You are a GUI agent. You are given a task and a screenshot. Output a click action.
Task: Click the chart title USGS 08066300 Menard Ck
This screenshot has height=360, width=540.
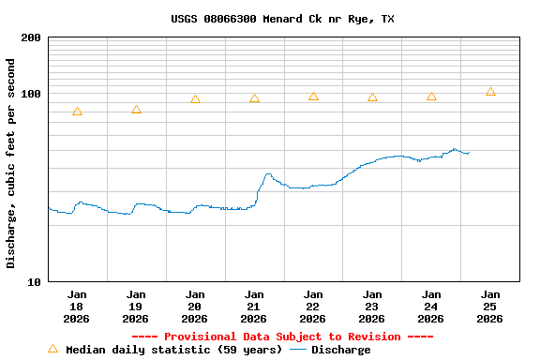click(282, 19)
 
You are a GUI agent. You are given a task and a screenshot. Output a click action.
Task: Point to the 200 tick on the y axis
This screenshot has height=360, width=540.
click(31, 37)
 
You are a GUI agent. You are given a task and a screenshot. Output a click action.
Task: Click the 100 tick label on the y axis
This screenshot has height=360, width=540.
click(31, 94)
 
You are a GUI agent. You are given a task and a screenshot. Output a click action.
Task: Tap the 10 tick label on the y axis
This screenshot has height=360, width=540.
click(34, 281)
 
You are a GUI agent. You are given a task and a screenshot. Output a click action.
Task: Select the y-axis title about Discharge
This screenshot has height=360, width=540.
click(11, 163)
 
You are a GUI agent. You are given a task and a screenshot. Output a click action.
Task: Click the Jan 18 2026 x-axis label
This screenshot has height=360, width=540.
click(77, 306)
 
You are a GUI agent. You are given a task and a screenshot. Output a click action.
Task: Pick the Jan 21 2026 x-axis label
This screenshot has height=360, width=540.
click(253, 306)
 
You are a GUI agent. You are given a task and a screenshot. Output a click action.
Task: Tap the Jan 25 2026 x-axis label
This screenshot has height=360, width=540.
click(489, 306)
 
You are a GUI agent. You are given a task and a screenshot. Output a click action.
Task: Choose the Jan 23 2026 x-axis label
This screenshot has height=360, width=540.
click(371, 306)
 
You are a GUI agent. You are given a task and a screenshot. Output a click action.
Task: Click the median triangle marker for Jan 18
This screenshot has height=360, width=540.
click(77, 112)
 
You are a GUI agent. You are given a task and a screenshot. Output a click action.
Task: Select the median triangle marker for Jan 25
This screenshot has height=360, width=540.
click(490, 92)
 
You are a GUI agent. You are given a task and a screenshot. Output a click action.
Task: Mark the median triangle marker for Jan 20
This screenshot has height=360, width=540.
click(195, 99)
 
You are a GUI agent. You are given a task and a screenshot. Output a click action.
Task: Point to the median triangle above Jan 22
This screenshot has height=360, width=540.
click(313, 97)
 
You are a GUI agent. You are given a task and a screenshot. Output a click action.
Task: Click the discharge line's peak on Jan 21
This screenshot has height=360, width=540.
click(268, 173)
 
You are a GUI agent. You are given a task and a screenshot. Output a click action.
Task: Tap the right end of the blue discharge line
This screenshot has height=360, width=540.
click(469, 152)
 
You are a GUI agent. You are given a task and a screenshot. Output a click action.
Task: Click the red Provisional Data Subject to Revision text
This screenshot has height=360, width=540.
click(282, 337)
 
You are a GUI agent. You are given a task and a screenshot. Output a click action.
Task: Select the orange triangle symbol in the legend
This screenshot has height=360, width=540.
click(52, 349)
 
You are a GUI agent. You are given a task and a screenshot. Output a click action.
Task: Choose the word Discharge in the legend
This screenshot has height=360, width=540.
click(340, 350)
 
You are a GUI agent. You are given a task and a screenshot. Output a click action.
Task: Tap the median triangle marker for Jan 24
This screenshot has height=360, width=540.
click(431, 97)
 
